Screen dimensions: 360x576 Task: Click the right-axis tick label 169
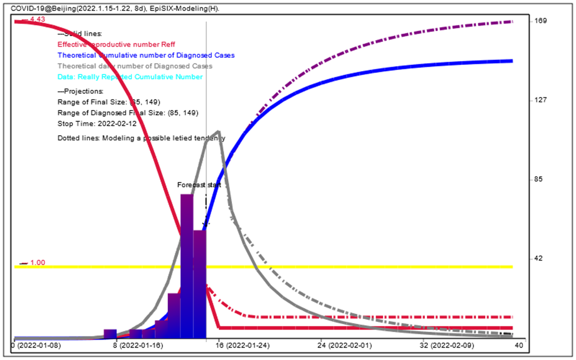535,21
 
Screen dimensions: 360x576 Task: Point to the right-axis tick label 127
535,100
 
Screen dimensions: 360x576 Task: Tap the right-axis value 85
534,179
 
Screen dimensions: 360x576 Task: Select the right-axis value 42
534,258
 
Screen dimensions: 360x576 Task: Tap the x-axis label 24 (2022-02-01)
347,347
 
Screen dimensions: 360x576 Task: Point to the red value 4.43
37,19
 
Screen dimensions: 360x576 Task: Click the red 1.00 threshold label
38,263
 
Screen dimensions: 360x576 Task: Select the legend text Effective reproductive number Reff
116,44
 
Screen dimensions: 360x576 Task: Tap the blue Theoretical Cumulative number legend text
146,55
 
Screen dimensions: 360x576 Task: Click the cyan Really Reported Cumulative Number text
130,77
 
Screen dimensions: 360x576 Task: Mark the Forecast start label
199,185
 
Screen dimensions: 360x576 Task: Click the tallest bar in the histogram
187,266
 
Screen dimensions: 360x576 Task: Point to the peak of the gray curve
219,131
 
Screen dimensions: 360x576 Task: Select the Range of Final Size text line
109,102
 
